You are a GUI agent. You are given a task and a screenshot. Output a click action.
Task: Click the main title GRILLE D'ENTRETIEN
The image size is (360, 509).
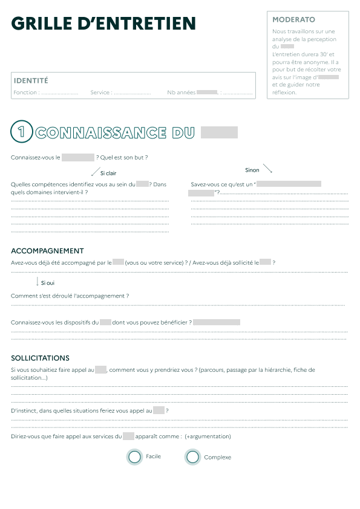[x=103, y=24]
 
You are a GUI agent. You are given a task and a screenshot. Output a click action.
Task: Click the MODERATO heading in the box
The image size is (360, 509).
[x=293, y=20]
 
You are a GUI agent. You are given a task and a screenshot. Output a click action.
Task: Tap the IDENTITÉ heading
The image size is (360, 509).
[x=31, y=80]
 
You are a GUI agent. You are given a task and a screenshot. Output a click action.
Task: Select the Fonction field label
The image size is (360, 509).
[x=26, y=92]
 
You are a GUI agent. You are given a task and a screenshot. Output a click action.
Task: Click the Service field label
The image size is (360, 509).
[x=100, y=92]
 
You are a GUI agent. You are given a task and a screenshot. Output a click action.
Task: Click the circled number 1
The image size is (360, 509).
[x=22, y=132]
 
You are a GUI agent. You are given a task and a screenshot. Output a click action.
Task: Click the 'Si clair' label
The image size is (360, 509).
[x=108, y=173]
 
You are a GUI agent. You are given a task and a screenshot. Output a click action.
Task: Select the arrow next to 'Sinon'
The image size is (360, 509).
[x=267, y=169]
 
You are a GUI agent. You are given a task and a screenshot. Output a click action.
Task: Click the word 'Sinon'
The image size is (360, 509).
[x=252, y=170]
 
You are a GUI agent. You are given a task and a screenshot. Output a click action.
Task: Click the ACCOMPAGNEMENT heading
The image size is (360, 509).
[x=47, y=251]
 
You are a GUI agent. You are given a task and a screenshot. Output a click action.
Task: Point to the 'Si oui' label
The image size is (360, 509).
[x=48, y=283]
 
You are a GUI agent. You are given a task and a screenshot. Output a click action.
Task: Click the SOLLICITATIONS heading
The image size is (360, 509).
[x=40, y=358]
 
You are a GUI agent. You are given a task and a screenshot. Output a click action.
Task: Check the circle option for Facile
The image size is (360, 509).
[x=135, y=457]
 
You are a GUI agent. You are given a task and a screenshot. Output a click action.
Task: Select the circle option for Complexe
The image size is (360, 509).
[x=192, y=457]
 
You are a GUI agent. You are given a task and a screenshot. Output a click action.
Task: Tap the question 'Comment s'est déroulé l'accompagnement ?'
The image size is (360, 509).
[x=70, y=296]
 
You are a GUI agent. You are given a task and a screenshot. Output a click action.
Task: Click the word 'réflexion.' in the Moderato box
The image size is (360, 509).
[x=284, y=92]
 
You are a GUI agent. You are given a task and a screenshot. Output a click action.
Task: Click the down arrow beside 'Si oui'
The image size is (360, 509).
[x=38, y=282]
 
